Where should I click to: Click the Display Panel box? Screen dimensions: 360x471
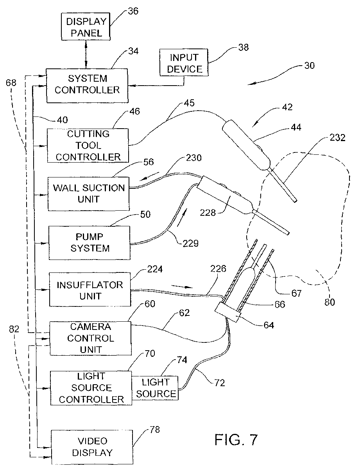[x=86, y=27]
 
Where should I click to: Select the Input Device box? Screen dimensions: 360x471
[x=184, y=62]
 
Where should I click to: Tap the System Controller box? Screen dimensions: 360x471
[x=87, y=86]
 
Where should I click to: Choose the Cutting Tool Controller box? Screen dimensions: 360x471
[x=88, y=145]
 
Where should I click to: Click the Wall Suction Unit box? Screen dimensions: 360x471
[x=89, y=193]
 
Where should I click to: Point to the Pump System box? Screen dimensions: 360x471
[x=90, y=243]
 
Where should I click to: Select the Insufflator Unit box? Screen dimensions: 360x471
[x=90, y=289]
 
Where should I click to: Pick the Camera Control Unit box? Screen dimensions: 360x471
[x=91, y=338]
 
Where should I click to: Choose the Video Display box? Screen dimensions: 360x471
[x=92, y=447]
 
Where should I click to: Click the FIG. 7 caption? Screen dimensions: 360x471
[x=236, y=440]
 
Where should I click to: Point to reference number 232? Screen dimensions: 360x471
[x=337, y=138]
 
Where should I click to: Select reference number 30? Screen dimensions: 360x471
[x=309, y=65]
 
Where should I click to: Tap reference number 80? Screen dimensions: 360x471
[x=330, y=302]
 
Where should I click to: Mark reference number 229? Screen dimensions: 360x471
[x=190, y=244]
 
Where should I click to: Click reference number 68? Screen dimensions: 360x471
[x=11, y=82]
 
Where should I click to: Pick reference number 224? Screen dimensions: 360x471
[x=155, y=269]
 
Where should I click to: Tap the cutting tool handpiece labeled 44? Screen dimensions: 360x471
[x=246, y=145]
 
